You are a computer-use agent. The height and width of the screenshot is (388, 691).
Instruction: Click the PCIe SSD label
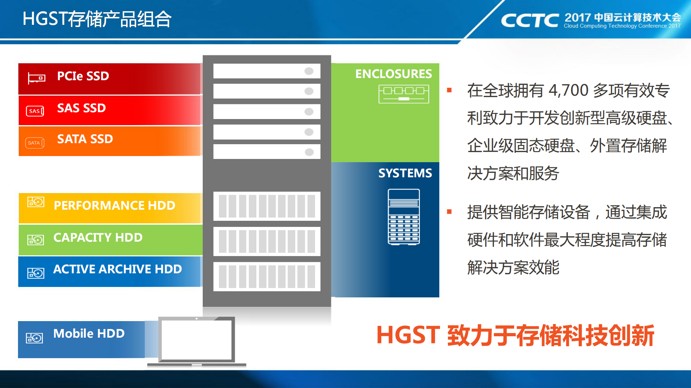coord(83,76)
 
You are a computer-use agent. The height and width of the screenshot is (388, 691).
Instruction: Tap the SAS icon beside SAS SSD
coord(35,111)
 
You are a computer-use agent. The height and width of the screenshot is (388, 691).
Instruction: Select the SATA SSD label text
coord(85,139)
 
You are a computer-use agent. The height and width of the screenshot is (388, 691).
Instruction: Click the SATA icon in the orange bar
coord(35,143)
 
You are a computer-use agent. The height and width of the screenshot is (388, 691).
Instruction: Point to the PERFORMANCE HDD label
coord(114,206)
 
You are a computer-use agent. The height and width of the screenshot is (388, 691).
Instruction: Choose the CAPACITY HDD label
coord(98,238)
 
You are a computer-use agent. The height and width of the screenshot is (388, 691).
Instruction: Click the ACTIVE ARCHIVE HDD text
coord(117,269)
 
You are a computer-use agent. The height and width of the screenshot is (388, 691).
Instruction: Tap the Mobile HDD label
coord(89,334)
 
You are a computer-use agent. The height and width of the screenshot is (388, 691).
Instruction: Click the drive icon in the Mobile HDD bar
coord(34,338)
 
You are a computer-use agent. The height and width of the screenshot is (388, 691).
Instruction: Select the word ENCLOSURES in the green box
coord(393,74)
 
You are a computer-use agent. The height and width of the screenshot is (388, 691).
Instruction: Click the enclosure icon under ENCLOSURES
coord(404,94)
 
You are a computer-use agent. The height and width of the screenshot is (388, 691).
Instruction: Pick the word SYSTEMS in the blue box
coord(405,173)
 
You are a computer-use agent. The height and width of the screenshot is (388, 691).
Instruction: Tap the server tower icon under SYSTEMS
coord(404,217)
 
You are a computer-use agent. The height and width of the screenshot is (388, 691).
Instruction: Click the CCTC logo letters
coord(529,20)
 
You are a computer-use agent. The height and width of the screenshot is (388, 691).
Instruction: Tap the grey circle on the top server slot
coord(309,71)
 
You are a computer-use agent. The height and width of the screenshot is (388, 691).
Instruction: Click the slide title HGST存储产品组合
coord(97,19)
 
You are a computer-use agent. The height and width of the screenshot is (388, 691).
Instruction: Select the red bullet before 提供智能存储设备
coord(449,212)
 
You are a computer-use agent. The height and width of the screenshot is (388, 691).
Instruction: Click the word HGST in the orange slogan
coord(408,335)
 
